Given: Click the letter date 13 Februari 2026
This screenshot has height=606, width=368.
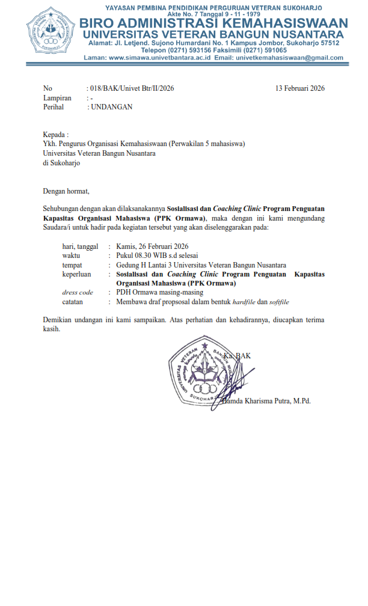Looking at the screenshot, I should [300, 88].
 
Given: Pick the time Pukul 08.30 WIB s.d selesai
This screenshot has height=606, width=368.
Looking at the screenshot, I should [153, 256].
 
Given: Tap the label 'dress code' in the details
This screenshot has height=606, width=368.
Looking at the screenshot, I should [78, 292].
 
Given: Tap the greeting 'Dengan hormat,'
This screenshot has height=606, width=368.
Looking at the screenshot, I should [66, 191].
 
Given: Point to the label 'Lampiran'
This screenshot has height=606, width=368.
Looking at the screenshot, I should [57, 98].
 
